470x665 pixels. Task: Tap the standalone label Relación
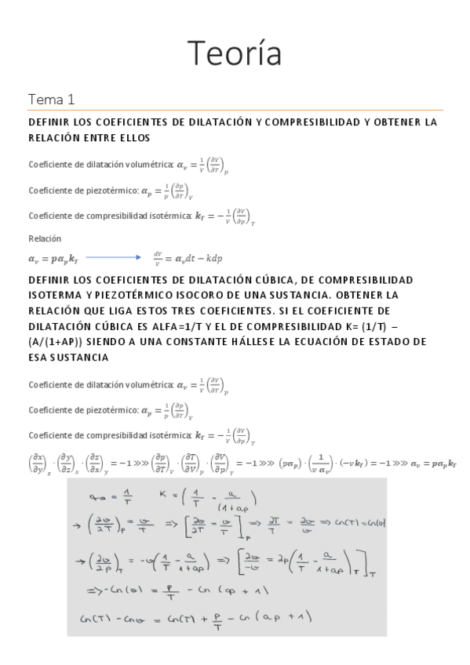click(45, 238)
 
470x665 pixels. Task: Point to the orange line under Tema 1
click(235, 111)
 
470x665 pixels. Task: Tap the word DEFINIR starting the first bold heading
click(49, 122)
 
